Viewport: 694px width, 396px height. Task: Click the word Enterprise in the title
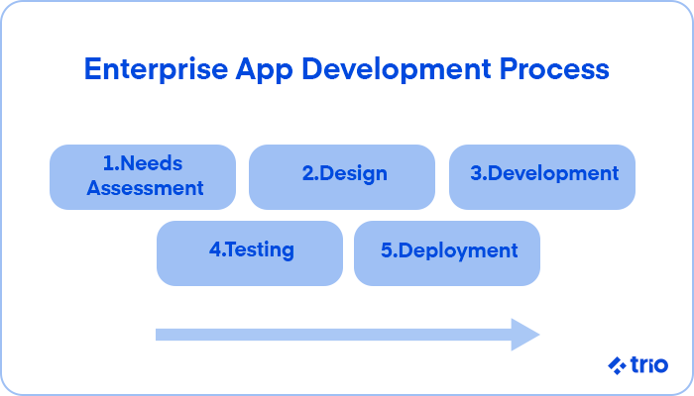(157, 69)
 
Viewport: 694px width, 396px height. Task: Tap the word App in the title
(265, 70)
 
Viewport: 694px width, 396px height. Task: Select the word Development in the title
(397, 69)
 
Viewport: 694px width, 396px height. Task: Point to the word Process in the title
(554, 69)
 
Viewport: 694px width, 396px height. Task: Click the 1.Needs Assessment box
(143, 177)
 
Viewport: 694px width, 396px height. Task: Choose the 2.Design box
(342, 177)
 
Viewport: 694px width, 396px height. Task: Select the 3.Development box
(542, 177)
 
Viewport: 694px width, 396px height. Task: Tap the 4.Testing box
(250, 253)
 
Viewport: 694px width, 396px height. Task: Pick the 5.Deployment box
(447, 253)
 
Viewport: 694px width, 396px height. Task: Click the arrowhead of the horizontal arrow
(525, 335)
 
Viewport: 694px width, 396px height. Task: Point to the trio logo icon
(617, 365)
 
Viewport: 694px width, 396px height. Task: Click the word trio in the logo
(649, 365)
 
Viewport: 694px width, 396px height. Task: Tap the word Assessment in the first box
(145, 188)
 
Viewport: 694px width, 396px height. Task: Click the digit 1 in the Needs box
(107, 163)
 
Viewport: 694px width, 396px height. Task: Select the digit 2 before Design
(308, 173)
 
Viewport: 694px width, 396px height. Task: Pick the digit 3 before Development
(476, 173)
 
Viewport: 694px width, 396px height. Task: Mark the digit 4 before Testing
(215, 249)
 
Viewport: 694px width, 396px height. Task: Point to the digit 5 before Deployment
(387, 250)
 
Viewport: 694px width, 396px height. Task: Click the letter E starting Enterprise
(93, 69)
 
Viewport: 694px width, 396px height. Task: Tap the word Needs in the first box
(151, 163)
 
